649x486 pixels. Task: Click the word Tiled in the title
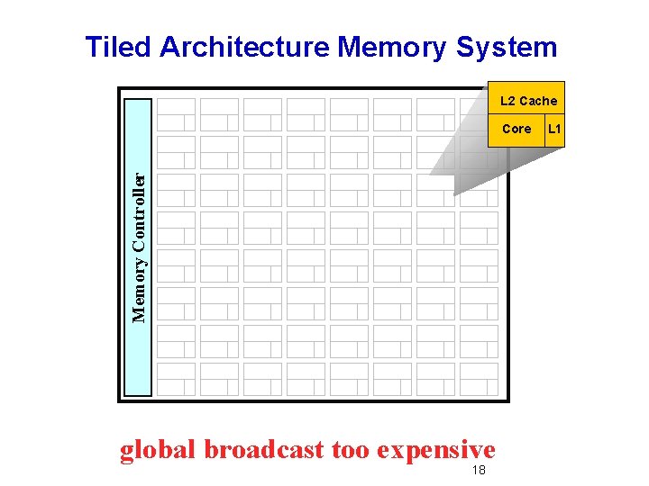(119, 47)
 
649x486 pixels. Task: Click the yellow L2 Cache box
(528, 100)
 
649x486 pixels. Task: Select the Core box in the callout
(516, 129)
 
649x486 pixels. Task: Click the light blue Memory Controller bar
(138, 247)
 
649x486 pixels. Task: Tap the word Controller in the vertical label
(139, 211)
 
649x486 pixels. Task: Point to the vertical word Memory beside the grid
(139, 290)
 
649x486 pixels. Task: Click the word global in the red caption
(158, 449)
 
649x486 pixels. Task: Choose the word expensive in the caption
(436, 449)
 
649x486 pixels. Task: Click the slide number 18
(478, 471)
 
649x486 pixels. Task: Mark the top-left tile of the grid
(176, 114)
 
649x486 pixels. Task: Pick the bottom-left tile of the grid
(176, 379)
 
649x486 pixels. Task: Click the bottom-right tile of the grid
(479, 379)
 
